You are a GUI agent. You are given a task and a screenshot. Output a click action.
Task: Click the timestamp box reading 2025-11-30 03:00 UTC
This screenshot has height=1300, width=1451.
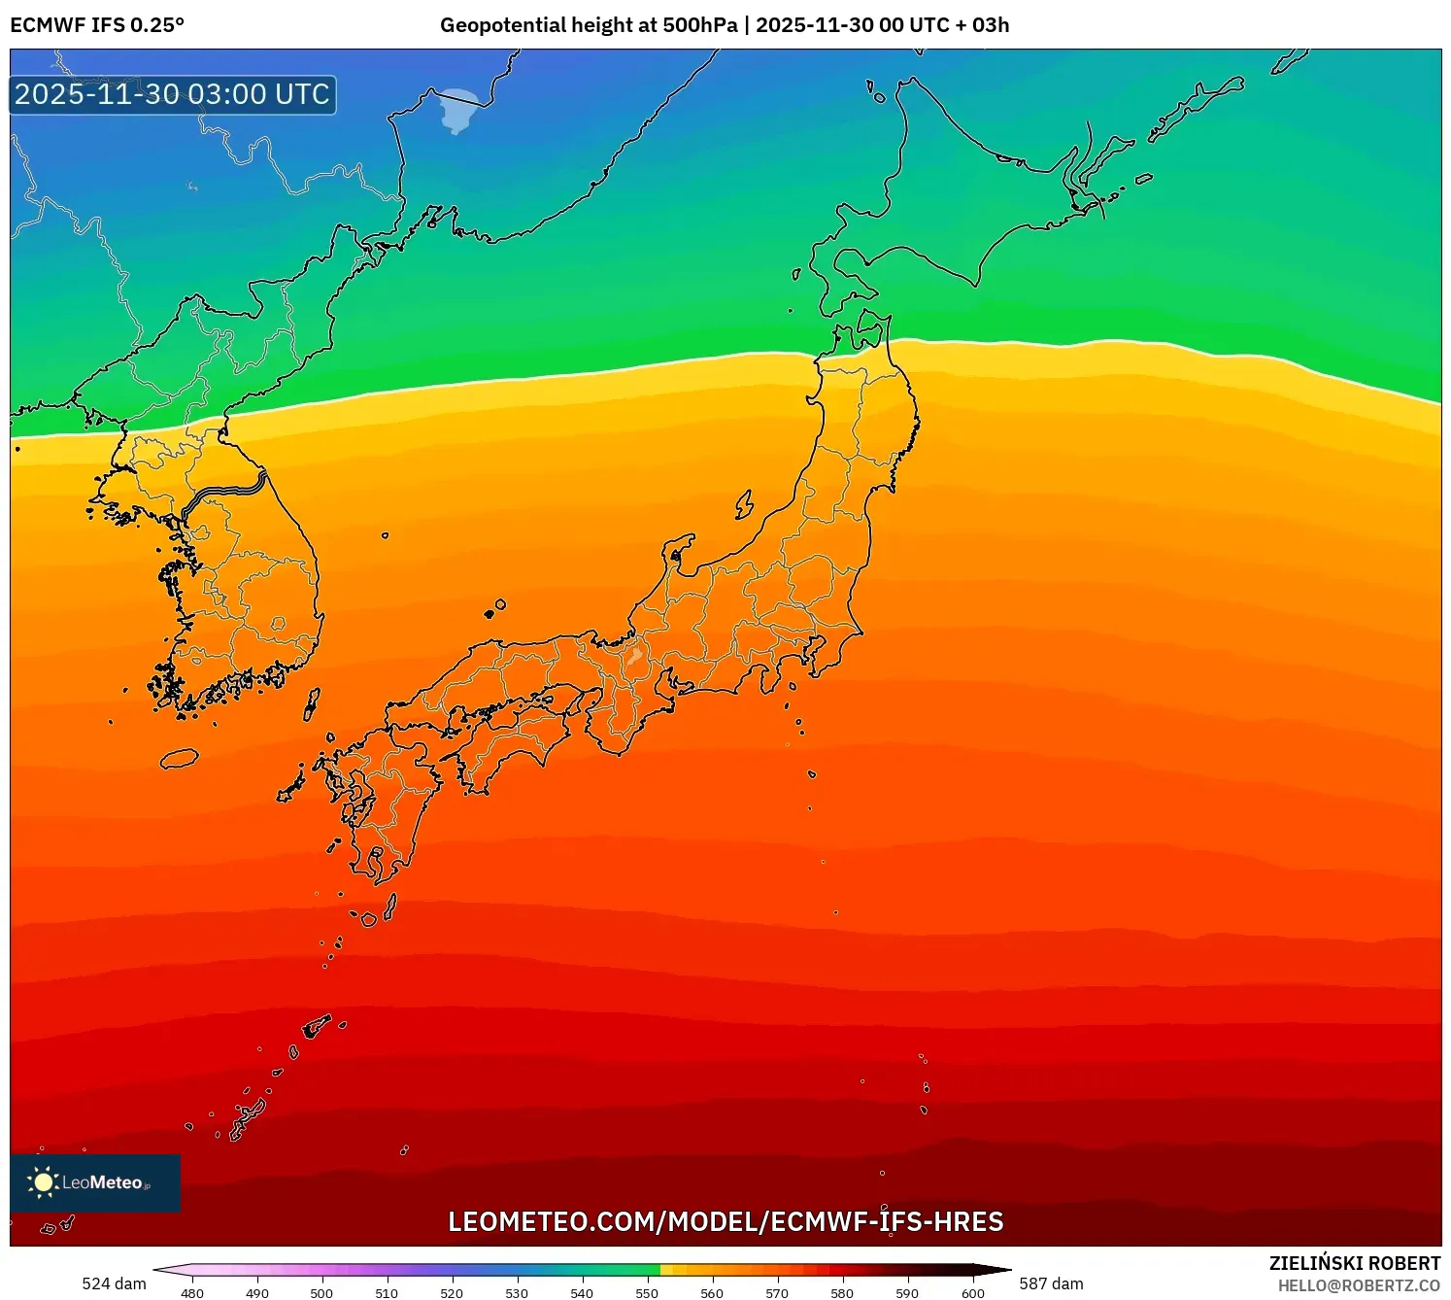coord(173,95)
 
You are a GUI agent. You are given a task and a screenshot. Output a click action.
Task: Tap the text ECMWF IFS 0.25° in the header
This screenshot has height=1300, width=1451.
coord(97,25)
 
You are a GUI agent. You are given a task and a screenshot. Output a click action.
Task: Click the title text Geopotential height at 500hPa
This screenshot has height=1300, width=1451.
coord(589,25)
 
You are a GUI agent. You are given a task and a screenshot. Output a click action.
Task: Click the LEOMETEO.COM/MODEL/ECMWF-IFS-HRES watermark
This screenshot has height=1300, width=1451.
coord(725,1222)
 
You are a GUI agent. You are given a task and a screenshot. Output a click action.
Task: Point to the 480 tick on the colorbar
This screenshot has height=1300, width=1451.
coord(192,1292)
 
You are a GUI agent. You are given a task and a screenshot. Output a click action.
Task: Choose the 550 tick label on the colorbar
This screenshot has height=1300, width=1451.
coord(647,1292)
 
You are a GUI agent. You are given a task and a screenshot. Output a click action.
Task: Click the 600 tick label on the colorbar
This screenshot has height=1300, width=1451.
coord(972,1292)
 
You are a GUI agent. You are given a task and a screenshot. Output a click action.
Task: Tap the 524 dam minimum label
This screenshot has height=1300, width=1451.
coord(114,1283)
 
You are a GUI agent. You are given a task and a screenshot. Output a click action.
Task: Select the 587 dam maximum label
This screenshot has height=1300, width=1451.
coord(1051,1283)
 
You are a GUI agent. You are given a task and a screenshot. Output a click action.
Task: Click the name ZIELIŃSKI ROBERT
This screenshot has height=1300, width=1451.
coord(1355,1263)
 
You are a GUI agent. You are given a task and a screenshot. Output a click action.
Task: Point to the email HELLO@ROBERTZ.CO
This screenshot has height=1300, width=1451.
coord(1359,1285)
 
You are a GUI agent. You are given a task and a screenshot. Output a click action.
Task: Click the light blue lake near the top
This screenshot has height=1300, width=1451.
coord(459,110)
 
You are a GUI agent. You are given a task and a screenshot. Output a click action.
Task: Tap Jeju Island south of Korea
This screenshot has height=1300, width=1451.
coord(180,758)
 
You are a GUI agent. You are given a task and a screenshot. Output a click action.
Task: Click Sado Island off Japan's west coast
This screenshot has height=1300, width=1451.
coord(744,504)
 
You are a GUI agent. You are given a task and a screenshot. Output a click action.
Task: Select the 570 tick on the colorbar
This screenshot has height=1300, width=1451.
coord(777,1292)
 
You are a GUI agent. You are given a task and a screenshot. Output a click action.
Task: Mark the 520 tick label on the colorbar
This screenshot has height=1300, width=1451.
coord(452,1292)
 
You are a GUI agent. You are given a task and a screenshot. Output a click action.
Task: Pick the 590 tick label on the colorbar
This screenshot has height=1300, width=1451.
coord(907,1292)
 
